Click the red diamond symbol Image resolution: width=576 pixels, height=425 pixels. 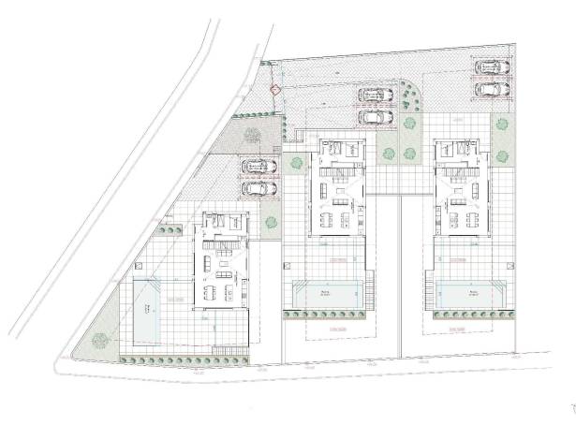[x=274, y=90]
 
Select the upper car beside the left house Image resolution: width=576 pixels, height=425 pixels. [x=259, y=167]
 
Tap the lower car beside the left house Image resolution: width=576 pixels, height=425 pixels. [x=259, y=187]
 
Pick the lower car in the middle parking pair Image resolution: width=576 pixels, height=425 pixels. [x=377, y=117]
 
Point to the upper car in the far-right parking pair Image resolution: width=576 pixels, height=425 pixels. [x=491, y=67]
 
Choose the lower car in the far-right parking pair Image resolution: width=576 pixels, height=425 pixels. [x=491, y=89]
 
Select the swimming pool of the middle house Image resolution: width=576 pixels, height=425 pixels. [x=328, y=295]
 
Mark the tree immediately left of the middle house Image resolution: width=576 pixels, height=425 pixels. [x=296, y=163]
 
